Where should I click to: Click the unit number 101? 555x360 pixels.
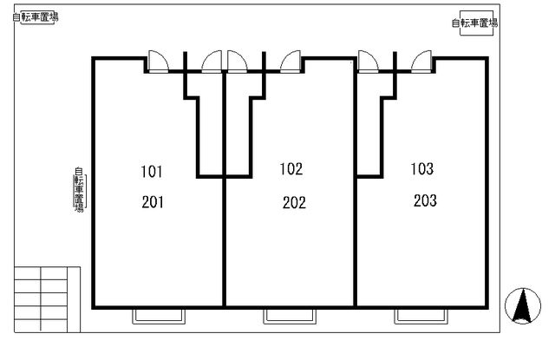pyautogui.click(x=152, y=172)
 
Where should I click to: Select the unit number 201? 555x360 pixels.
pyautogui.click(x=153, y=202)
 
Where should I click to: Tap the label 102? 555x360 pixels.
pyautogui.click(x=291, y=169)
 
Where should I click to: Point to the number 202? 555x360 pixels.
pyautogui.click(x=294, y=203)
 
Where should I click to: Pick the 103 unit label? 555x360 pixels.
pyautogui.click(x=422, y=169)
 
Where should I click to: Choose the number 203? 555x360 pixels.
pyautogui.click(x=425, y=200)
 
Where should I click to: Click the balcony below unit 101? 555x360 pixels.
pyautogui.click(x=159, y=316)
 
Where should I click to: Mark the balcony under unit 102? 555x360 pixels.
pyautogui.click(x=290, y=316)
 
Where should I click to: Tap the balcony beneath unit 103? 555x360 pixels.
pyautogui.click(x=421, y=316)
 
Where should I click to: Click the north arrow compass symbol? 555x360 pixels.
pyautogui.click(x=523, y=306)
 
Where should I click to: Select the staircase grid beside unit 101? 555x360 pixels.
pyautogui.click(x=47, y=299)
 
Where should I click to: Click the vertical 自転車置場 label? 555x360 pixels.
pyautogui.click(x=79, y=190)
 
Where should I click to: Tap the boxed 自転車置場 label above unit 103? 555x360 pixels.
pyautogui.click(x=475, y=23)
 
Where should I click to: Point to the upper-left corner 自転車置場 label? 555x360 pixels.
pyautogui.click(x=36, y=17)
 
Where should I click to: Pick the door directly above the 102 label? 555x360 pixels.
pyautogui.click(x=291, y=62)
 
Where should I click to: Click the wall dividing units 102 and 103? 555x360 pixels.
pyautogui.click(x=355, y=183)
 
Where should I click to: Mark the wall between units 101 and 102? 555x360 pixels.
pyautogui.click(x=224, y=189)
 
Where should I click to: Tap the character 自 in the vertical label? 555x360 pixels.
pyautogui.click(x=79, y=171)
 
